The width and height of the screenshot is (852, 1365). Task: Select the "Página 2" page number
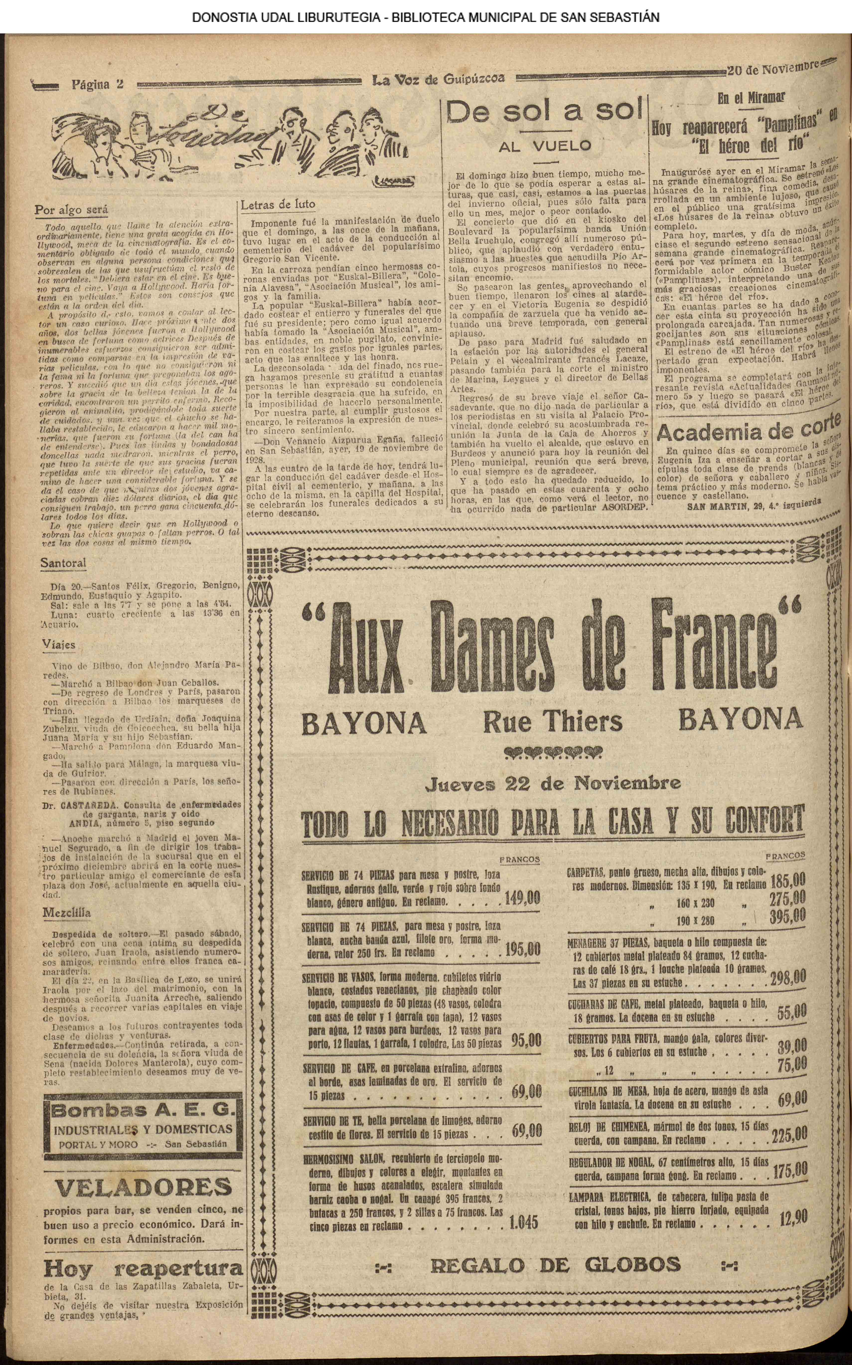coord(97,85)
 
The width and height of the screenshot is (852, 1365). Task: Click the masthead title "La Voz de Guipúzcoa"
coord(438,80)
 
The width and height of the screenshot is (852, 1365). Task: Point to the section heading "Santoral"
coord(63,563)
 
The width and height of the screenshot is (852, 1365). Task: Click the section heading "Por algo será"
coord(71,210)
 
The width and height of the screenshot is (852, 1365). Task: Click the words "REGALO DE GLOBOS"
coord(555,1265)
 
